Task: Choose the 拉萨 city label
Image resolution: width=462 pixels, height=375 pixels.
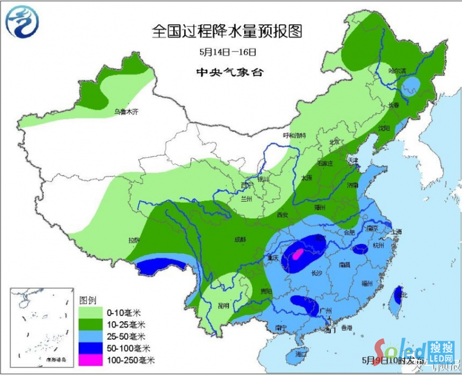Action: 134,240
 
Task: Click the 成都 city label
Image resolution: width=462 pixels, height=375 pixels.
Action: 239,239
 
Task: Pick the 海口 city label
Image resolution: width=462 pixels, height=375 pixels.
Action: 300,353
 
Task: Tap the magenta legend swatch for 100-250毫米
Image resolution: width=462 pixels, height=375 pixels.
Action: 90,359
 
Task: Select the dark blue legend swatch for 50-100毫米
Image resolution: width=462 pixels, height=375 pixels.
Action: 90,347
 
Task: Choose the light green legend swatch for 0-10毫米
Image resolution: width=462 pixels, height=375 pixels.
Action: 90,313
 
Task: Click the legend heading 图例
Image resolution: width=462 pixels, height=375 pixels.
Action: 87,300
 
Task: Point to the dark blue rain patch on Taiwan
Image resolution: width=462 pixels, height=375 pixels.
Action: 398,297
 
